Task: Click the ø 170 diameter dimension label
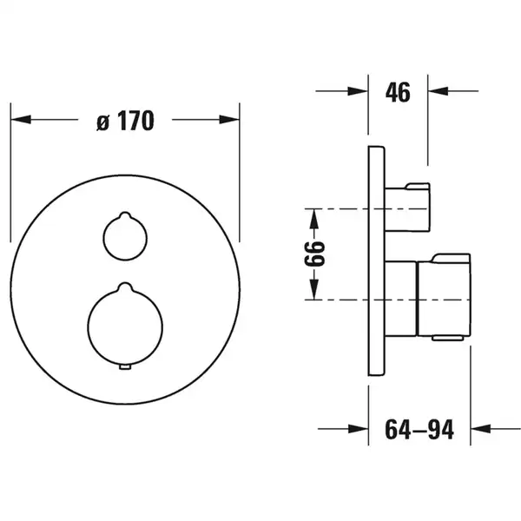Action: pos(126,121)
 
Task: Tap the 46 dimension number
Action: pos(398,92)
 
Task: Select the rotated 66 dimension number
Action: pos(314,254)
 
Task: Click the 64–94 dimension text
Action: pos(419,429)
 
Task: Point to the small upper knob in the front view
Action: pos(125,236)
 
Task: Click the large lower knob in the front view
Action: pos(125,325)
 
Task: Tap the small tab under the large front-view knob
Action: pos(125,366)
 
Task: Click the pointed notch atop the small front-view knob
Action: pos(125,214)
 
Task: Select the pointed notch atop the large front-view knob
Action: pos(125,286)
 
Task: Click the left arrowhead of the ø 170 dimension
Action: pos(21,119)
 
